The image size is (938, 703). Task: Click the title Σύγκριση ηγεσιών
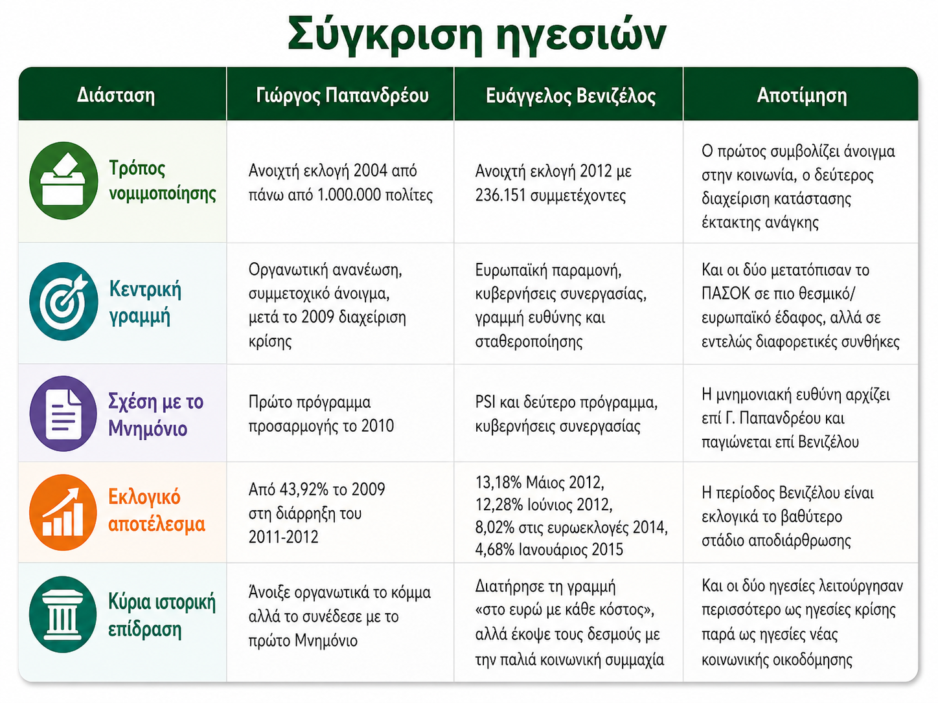(477, 35)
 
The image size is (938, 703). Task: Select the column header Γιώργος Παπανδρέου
(342, 95)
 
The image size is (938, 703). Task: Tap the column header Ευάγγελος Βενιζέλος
(571, 96)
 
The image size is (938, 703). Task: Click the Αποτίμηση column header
(802, 95)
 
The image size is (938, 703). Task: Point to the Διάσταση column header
(116, 95)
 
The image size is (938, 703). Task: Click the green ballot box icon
(63, 181)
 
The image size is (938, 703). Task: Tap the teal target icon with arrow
(63, 302)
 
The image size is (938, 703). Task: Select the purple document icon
(63, 414)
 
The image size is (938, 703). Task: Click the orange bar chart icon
(63, 512)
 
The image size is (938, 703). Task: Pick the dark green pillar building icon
(63, 614)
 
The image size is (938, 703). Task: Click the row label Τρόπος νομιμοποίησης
(163, 181)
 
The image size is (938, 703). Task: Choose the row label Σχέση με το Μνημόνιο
(155, 414)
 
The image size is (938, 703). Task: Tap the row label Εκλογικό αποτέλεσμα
(156, 511)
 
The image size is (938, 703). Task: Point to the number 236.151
(500, 195)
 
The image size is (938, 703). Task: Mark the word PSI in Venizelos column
(485, 402)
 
